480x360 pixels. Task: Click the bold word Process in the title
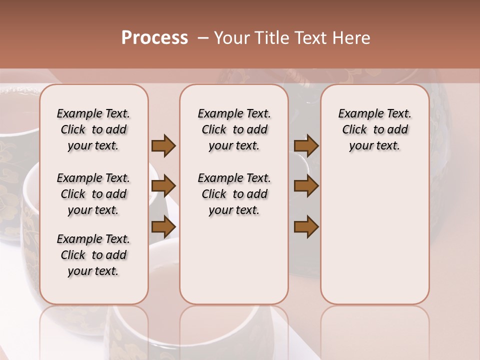154,38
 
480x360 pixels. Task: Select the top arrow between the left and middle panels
163,145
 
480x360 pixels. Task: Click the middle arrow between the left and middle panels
163,186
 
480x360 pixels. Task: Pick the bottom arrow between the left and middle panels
163,227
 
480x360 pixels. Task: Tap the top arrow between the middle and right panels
306,145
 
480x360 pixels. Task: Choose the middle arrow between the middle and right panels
306,186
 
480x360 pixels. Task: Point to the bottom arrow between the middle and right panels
306,227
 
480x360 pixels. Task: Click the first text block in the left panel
93,129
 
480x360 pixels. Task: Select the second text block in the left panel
93,194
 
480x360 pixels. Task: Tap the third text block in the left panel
93,255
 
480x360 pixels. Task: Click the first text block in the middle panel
234,129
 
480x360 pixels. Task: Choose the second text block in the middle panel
234,194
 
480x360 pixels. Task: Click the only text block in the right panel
374,129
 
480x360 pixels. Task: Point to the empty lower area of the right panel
374,230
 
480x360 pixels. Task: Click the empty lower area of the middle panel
234,260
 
